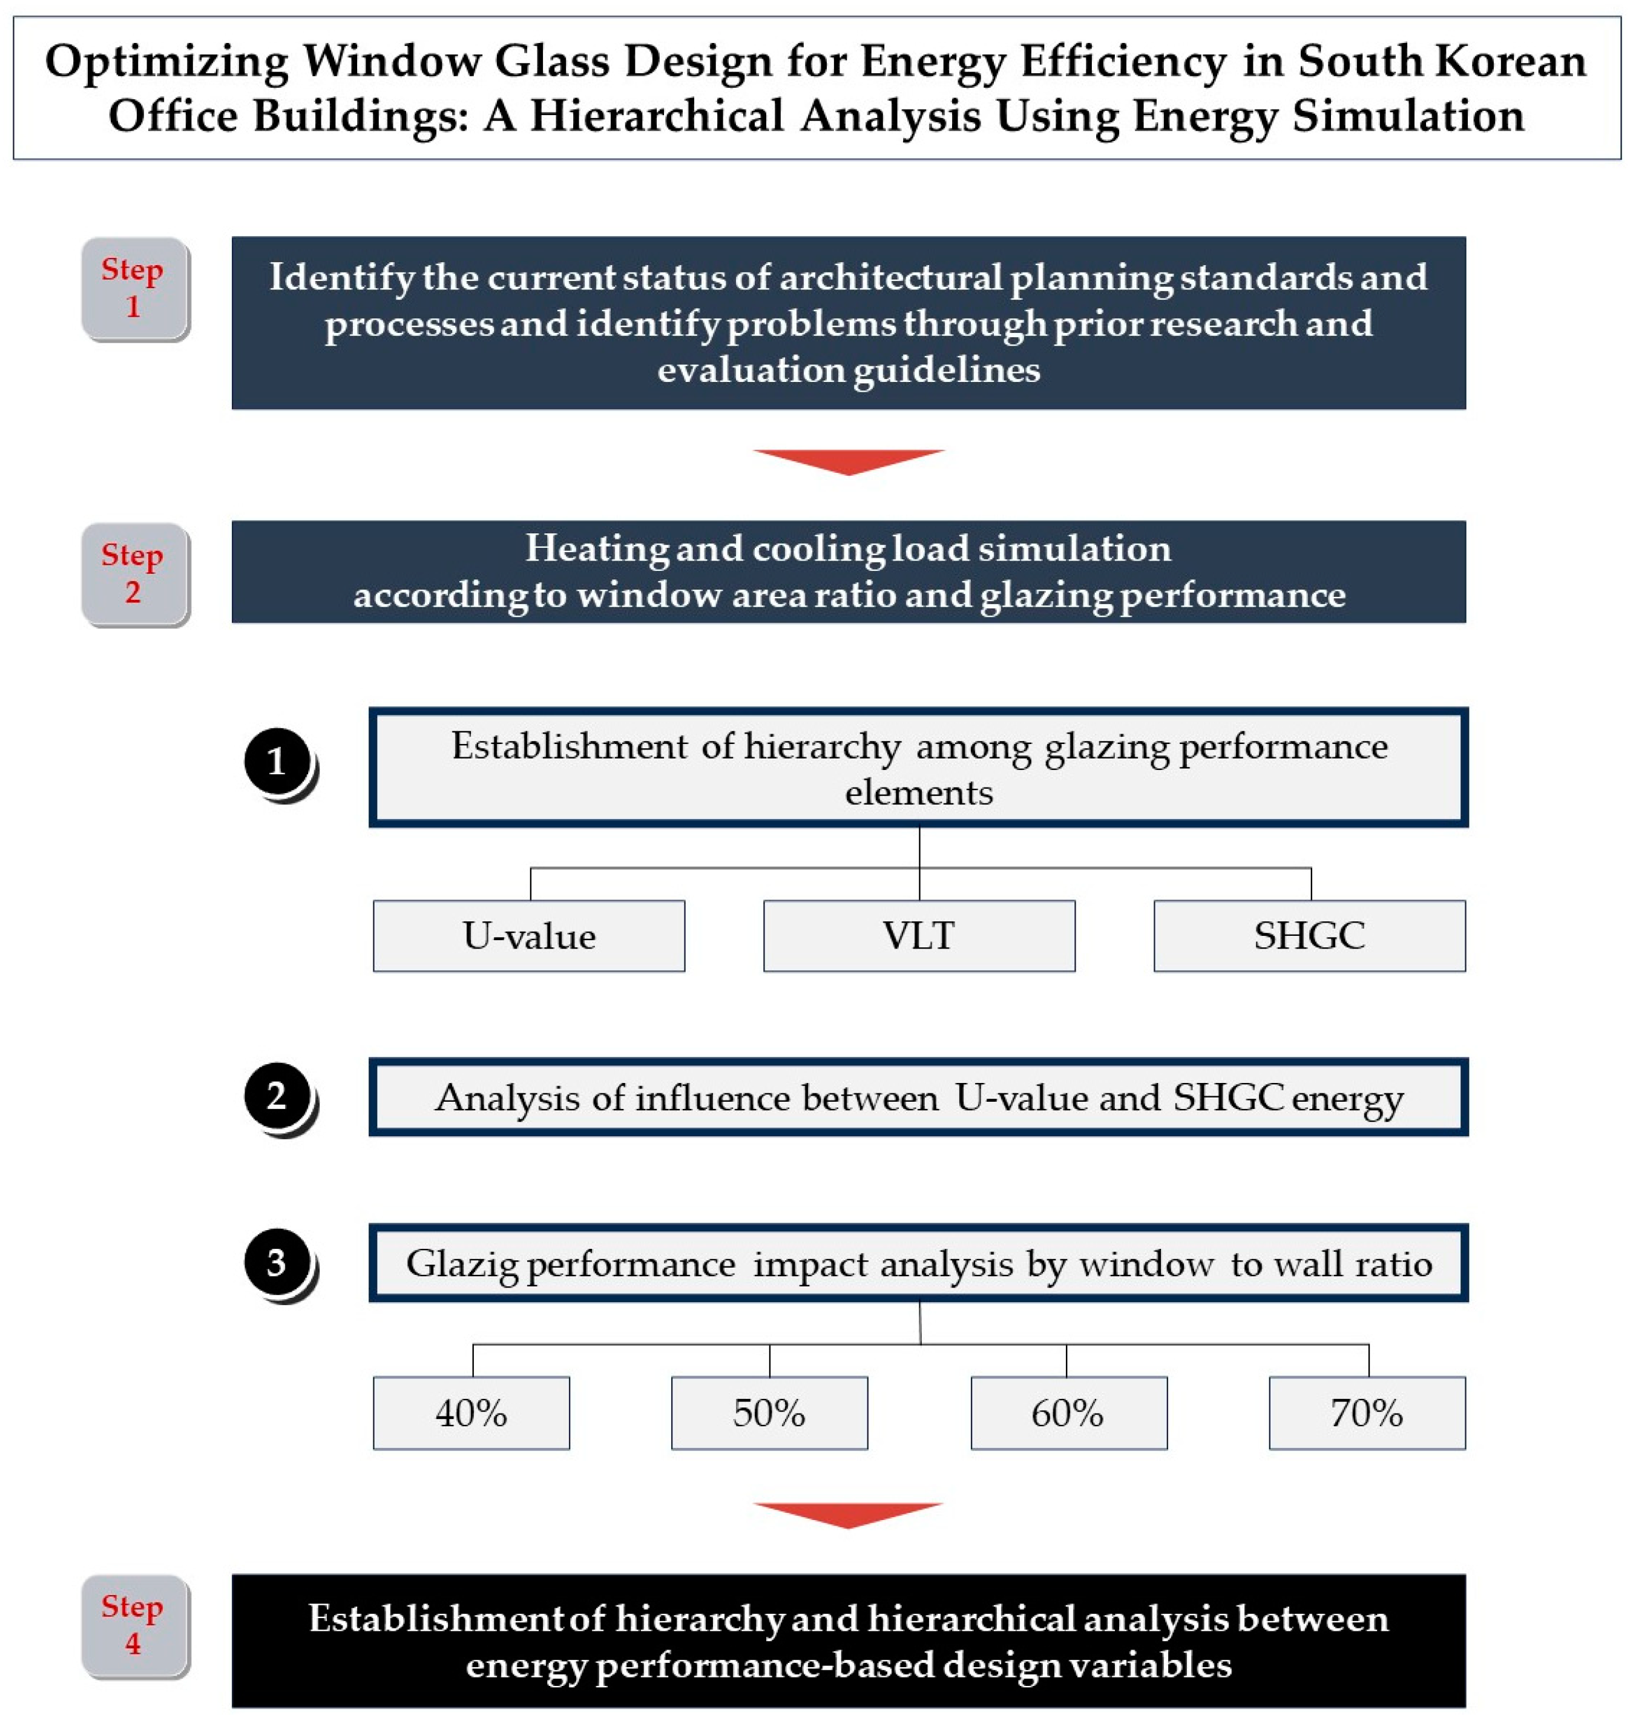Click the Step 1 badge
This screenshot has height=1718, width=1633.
click(x=133, y=288)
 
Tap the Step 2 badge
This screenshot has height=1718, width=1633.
click(x=133, y=574)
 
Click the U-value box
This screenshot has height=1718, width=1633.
click(x=528, y=936)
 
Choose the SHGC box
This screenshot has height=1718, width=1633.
click(x=1309, y=936)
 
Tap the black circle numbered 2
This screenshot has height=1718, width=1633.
click(x=277, y=1096)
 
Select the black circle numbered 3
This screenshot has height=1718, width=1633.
click(x=277, y=1262)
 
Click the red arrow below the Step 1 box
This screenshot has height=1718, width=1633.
click(x=848, y=461)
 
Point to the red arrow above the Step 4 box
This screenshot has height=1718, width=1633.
click(x=848, y=1514)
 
